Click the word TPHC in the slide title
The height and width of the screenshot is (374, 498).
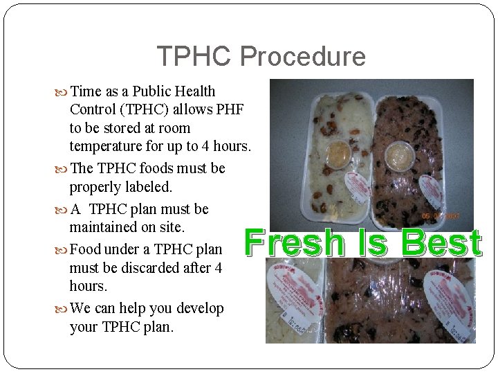(x=194, y=56)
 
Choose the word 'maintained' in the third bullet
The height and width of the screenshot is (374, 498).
(x=107, y=226)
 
